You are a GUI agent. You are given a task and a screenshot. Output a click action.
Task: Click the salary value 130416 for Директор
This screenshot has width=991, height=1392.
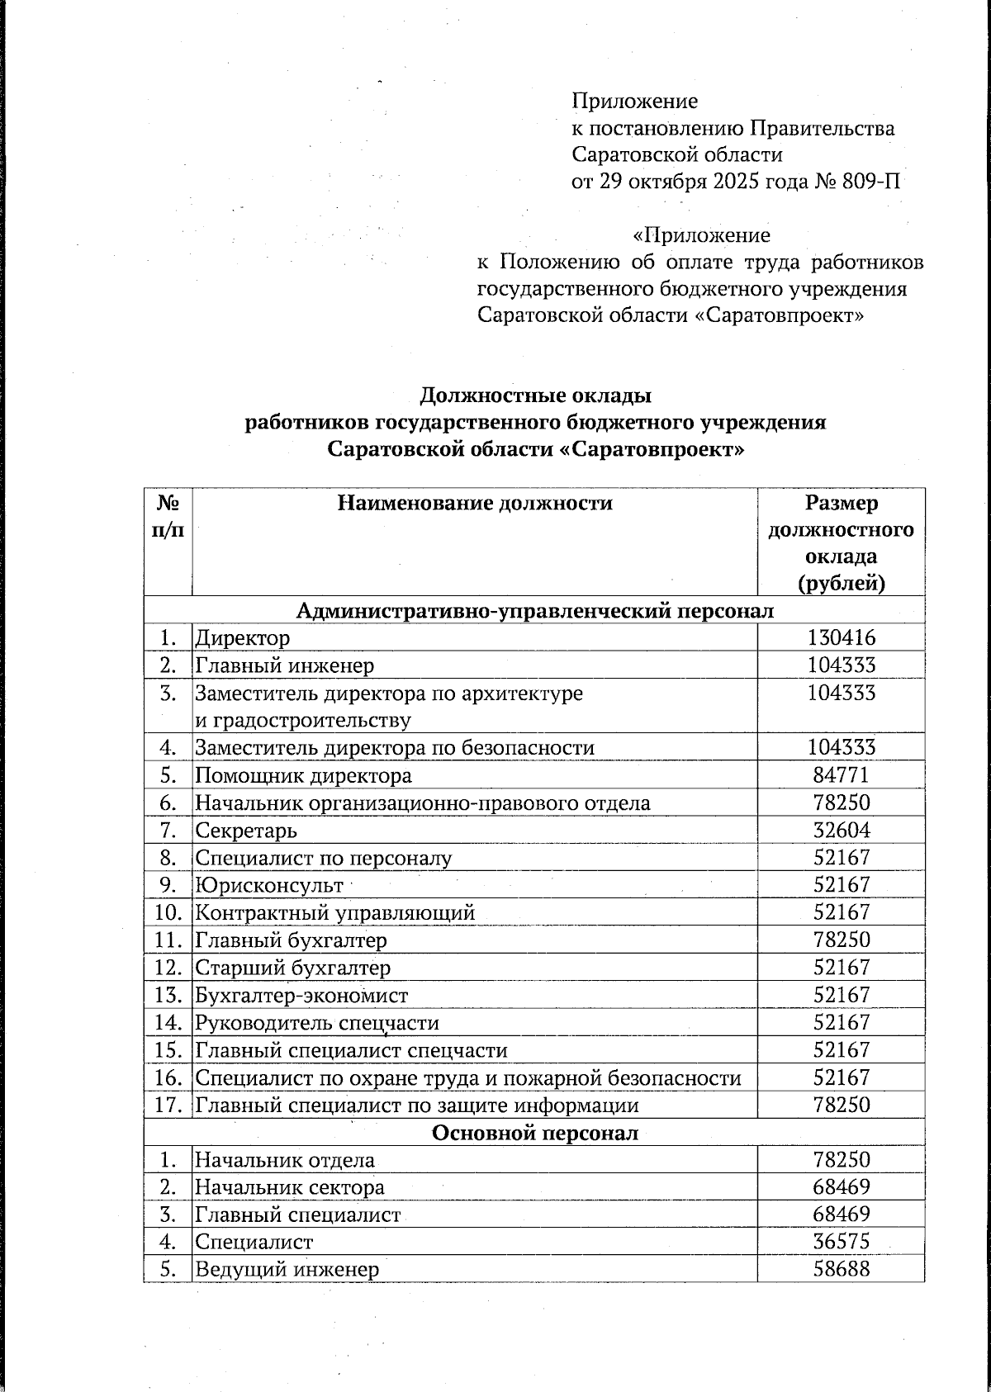(x=841, y=637)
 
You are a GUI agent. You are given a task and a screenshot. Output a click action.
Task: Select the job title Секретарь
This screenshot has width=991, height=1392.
(x=245, y=831)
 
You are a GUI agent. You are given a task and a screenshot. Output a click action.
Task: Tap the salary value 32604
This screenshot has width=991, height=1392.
(x=841, y=831)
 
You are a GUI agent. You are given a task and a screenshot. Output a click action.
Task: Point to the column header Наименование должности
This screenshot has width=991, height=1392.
(x=475, y=503)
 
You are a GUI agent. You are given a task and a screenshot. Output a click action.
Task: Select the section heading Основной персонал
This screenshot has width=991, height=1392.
(x=534, y=1133)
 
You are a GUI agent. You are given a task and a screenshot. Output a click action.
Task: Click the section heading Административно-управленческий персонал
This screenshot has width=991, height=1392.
(x=534, y=611)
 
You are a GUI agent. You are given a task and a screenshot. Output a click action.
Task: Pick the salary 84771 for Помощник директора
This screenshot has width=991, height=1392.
(x=841, y=775)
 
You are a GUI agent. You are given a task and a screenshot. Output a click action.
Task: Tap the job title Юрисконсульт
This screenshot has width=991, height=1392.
(x=268, y=886)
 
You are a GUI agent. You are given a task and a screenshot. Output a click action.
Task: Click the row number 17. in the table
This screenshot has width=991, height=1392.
(x=168, y=1105)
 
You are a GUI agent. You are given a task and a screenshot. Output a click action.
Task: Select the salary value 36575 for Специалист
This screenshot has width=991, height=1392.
(x=841, y=1242)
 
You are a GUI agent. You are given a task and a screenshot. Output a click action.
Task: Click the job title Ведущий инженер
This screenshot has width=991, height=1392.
(x=286, y=1269)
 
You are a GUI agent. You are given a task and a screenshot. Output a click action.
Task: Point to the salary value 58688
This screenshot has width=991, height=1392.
(x=841, y=1269)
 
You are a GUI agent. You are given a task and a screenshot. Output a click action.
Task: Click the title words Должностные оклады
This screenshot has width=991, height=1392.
(x=536, y=396)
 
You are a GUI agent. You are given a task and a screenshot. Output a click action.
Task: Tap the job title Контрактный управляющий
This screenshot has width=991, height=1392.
(x=334, y=913)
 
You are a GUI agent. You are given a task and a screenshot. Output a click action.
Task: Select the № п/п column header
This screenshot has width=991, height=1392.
(x=168, y=516)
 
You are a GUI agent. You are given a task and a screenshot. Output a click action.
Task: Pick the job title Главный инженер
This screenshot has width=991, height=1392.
(x=283, y=665)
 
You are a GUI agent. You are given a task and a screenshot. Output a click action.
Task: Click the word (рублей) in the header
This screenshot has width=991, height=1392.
(x=841, y=584)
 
